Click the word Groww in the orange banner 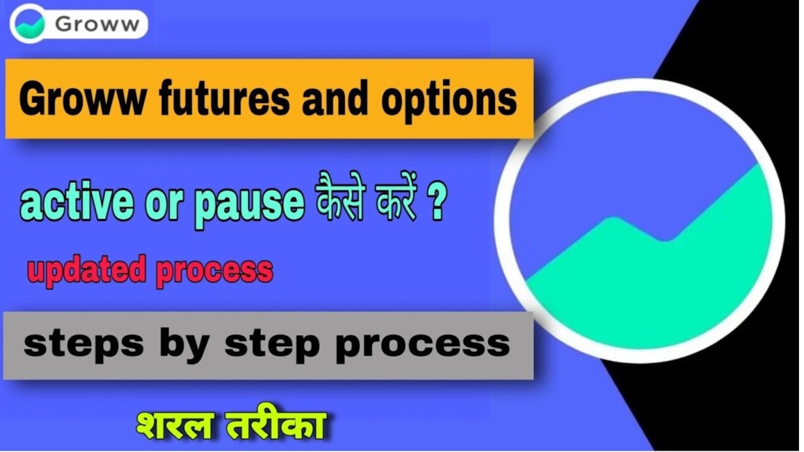(x=69, y=99)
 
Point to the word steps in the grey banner (x=75, y=345)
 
